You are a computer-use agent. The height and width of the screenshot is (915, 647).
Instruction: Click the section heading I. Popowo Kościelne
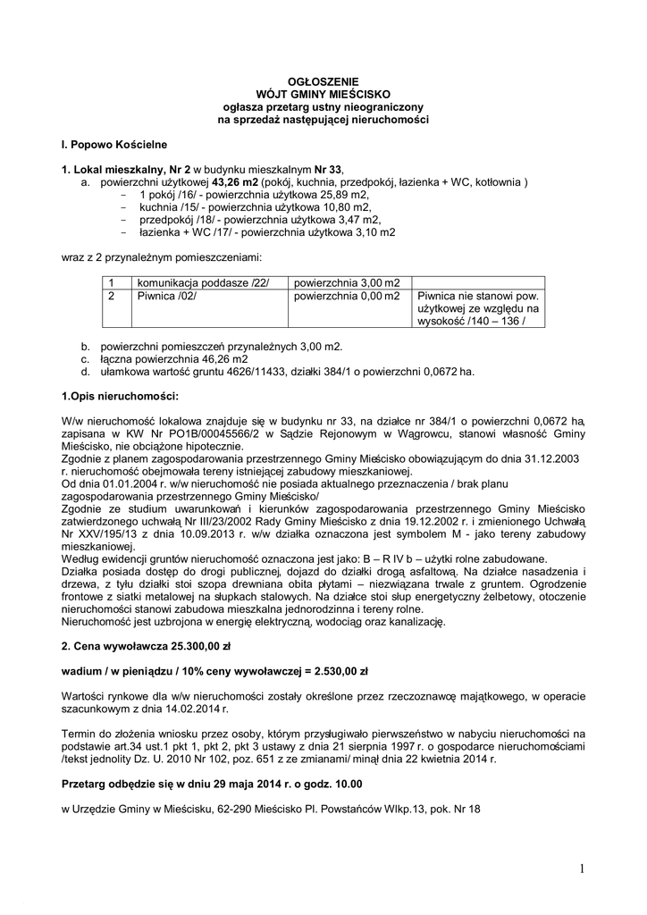pyautogui.click(x=113, y=144)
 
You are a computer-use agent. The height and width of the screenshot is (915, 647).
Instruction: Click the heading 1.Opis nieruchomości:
pyautogui.click(x=120, y=395)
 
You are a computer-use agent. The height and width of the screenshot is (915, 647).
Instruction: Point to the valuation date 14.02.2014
pyautogui.click(x=197, y=708)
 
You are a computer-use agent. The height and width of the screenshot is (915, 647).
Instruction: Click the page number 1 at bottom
pyautogui.click(x=581, y=869)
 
